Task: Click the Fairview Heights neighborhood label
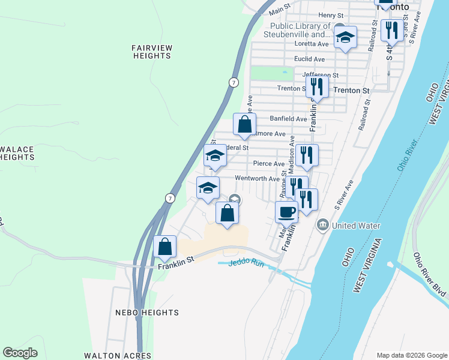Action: pos(152,51)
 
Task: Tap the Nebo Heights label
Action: pos(146,313)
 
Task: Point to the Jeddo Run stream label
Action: pos(246,263)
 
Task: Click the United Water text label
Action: pos(357,226)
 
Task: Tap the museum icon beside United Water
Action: pos(323,225)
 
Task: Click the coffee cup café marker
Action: pos(286,211)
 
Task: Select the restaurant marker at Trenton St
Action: pos(316,86)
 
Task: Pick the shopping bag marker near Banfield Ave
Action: pos(244,124)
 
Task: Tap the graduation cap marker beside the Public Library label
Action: pos(345,37)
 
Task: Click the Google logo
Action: pos(20,353)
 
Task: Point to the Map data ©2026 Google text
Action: pos(411,355)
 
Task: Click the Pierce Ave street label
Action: pos(268,163)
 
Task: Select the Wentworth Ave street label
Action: pos(257,178)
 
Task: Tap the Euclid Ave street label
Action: pos(309,59)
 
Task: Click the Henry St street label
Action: pos(331,15)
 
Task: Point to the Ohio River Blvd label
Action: pos(430,274)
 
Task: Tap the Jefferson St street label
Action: pos(321,75)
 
